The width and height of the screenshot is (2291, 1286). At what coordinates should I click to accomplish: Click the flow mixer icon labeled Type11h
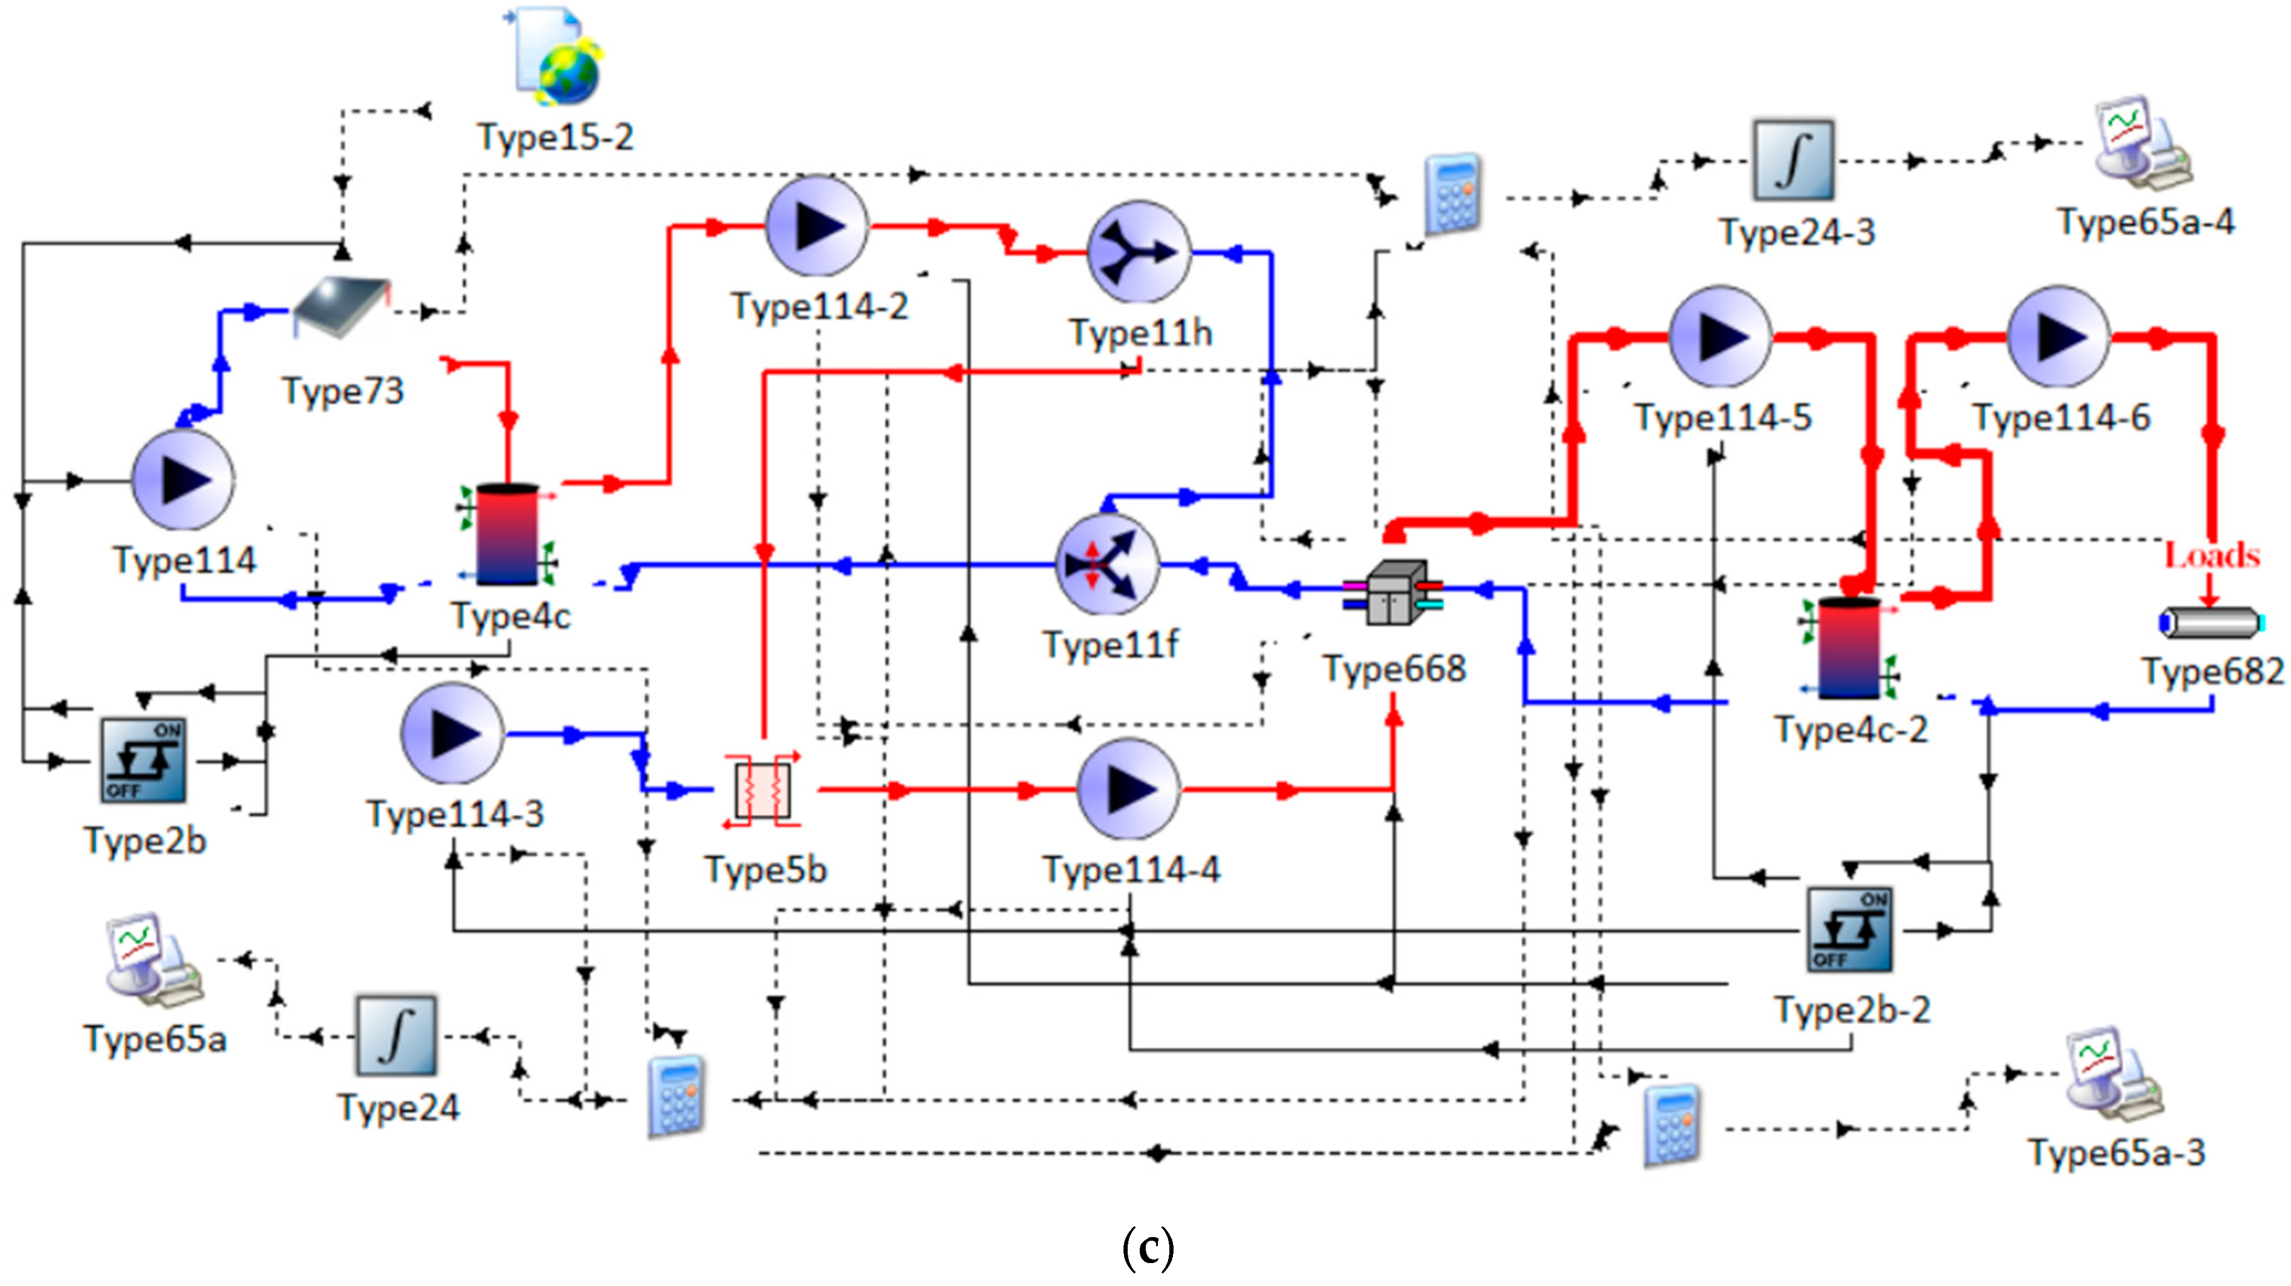[1139, 252]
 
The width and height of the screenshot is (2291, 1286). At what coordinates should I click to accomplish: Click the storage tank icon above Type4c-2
[1849, 648]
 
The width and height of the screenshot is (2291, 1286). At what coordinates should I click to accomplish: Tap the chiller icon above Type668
[1393, 592]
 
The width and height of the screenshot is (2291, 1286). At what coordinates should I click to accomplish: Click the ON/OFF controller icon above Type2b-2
[1850, 929]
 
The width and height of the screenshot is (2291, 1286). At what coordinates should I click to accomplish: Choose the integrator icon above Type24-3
[1793, 160]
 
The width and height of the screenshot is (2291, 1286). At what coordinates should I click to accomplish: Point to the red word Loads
[2211, 556]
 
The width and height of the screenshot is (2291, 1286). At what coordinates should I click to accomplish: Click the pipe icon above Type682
[2210, 623]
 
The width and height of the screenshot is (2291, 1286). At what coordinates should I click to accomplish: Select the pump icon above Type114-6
[2058, 336]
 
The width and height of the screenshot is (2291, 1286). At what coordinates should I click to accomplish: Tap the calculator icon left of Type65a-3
[1672, 1124]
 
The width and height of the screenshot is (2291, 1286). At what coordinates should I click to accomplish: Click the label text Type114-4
[1131, 869]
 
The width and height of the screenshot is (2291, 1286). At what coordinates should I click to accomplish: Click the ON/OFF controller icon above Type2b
[143, 760]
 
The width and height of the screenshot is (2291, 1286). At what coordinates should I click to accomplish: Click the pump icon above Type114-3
[453, 734]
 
